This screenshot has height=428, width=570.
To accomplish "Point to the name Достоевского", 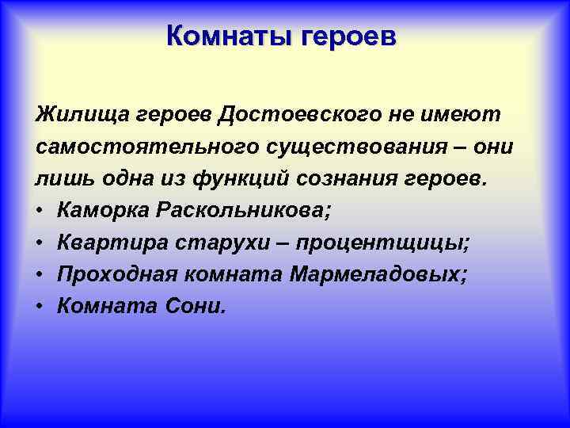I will tap(291, 115).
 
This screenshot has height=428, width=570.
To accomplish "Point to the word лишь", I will tap(60, 179).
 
